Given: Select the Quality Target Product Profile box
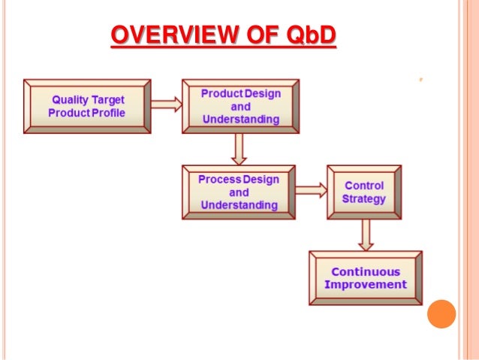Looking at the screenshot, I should click(88, 106).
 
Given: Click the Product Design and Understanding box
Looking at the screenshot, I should click(240, 106).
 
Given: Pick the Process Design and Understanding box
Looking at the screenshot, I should click(239, 192).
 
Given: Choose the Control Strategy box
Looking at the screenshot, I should click(363, 192).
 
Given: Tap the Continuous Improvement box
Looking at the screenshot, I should click(365, 277).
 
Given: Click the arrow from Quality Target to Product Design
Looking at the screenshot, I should click(167, 104).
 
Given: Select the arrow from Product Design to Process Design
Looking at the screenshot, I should click(239, 149).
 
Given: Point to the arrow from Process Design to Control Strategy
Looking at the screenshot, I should click(311, 191).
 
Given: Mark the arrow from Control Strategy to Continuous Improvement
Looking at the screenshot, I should click(365, 234).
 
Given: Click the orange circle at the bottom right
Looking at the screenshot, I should click(441, 314).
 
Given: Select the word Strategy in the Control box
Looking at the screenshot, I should click(363, 199).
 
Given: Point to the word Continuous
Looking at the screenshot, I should click(366, 271).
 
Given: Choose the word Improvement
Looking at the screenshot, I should click(365, 284).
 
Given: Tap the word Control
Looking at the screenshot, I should click(364, 186).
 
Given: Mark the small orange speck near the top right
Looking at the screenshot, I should click(422, 77).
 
